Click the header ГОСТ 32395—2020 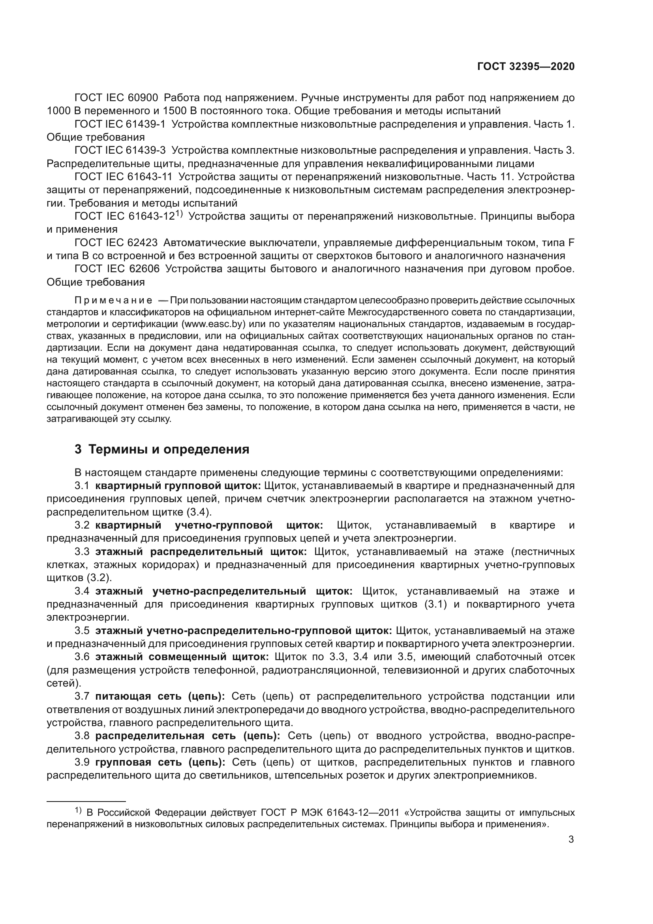(525, 66)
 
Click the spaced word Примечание (113, 301)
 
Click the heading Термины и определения (169, 449)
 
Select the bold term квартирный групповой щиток (178, 486)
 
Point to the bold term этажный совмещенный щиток (182, 657)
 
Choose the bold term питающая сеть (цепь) (160, 696)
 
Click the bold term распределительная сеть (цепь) (188, 736)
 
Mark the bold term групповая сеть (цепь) (160, 762)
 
